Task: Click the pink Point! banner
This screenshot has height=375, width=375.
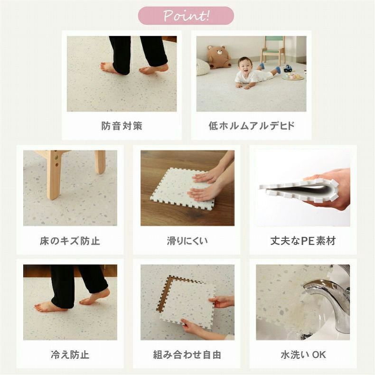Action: coord(186,16)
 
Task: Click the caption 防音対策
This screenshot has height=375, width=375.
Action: coord(122,126)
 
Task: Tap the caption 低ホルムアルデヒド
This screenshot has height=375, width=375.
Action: coord(252,126)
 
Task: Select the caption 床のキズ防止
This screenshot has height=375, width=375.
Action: coord(70,241)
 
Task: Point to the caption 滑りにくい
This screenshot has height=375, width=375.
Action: coord(187,241)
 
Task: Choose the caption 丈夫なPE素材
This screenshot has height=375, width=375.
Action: coord(303,241)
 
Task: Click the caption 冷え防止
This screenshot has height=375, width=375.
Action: coord(70,355)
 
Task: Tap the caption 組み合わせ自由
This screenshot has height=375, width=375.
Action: coord(187,355)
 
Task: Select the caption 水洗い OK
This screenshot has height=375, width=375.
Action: coord(303,355)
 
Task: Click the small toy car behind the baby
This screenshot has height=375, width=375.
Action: coord(288,68)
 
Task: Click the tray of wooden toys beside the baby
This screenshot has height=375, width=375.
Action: coord(293,77)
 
